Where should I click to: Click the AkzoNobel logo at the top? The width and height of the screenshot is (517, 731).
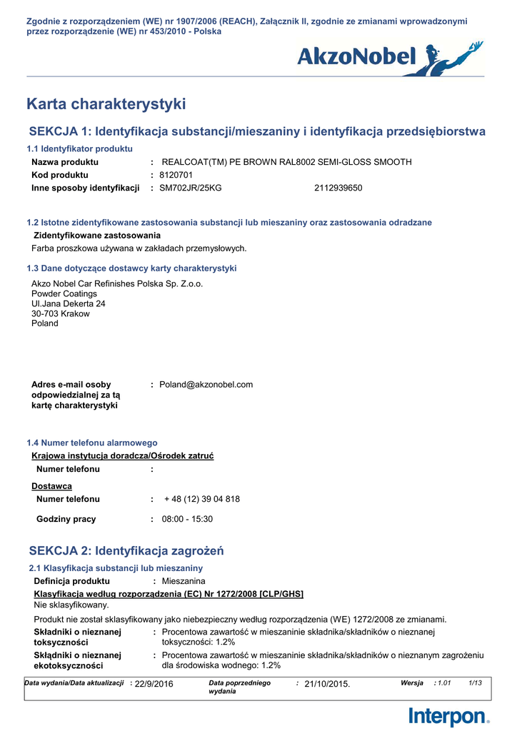point(389,57)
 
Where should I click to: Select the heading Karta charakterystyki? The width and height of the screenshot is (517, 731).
point(106,104)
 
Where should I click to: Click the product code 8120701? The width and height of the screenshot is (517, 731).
point(176,175)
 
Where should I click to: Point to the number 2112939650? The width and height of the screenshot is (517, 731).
point(338,188)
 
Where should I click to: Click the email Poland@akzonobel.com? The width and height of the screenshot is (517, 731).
point(206,385)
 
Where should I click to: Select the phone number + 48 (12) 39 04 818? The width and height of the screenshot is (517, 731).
point(202,499)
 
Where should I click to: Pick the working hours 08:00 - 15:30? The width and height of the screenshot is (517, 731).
point(187,519)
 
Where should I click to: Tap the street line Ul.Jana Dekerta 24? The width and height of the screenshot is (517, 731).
point(69,303)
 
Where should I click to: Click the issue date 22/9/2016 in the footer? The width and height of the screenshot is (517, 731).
point(154,684)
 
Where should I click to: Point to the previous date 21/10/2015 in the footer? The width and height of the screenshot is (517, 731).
point(327,684)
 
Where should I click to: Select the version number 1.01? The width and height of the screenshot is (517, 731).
point(444,683)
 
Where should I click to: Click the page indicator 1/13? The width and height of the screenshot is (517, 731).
point(475,683)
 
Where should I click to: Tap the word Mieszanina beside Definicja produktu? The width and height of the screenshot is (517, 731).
point(184,581)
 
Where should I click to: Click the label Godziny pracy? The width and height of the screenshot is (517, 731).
point(66,519)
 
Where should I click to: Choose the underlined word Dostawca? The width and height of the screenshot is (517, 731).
point(51,486)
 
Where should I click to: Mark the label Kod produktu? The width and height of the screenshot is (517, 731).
point(60,175)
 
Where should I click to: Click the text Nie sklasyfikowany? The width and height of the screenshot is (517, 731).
point(71,605)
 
